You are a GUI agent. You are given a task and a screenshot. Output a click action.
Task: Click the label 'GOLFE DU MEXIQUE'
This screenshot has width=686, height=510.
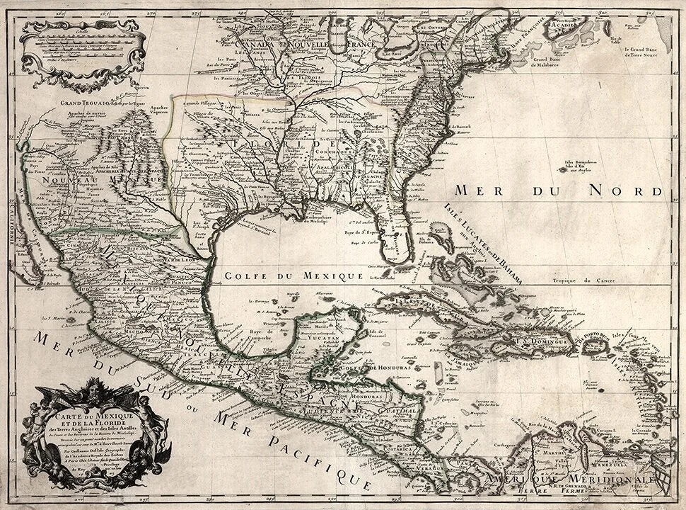tap(292, 275)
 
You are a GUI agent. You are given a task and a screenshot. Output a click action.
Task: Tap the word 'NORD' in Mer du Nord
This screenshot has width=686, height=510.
tap(632, 191)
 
